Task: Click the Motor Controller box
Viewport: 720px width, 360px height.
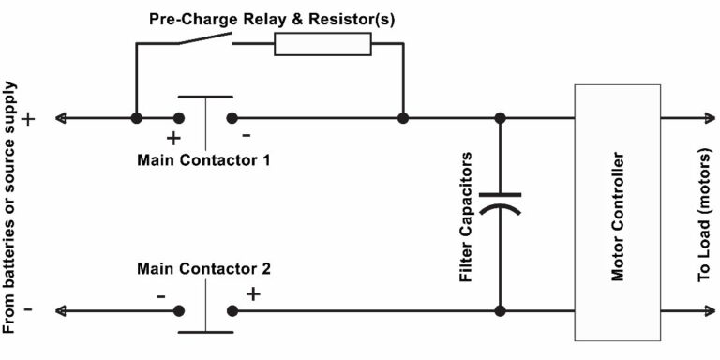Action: coord(616,212)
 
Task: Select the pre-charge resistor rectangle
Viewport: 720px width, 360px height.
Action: coord(322,44)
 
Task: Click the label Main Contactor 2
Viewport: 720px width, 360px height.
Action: coord(203,268)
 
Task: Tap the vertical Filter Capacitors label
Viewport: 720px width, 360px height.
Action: coord(465,213)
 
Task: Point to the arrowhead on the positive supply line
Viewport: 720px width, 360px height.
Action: coord(61,118)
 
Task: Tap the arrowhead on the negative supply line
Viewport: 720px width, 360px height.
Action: coord(61,310)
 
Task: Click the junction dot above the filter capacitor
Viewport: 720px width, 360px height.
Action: coord(501,118)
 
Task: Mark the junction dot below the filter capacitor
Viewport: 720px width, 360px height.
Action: coord(501,310)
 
